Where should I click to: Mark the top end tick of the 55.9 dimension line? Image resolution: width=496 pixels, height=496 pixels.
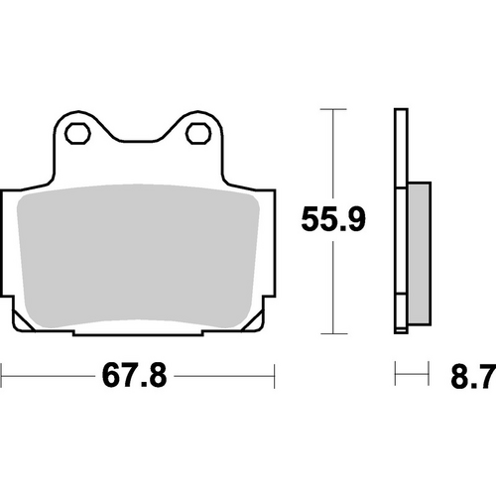coord(331,109)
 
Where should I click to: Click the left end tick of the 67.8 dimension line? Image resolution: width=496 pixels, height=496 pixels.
coord(3,376)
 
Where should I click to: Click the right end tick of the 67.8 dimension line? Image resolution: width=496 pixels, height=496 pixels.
coord(274,376)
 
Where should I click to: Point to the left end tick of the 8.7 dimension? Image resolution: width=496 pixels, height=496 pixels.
coord(396,376)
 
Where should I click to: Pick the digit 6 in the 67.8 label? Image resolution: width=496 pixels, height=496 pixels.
coord(109,377)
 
